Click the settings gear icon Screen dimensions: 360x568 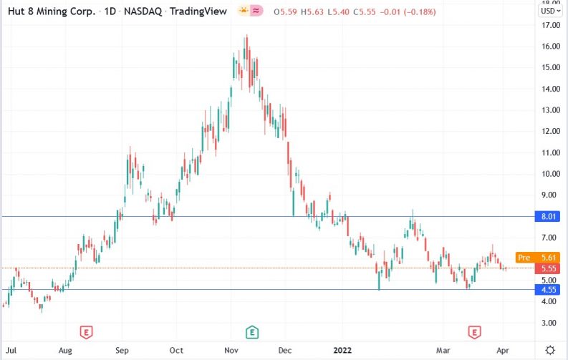point(549,350)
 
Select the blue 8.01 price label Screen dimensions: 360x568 point(549,216)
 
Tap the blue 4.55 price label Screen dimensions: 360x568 point(549,290)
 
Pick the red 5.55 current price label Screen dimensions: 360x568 point(549,267)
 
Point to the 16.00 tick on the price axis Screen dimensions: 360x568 point(550,47)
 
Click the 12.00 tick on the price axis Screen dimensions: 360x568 point(550,132)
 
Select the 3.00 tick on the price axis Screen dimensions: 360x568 point(550,323)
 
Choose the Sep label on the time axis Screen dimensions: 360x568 point(121,350)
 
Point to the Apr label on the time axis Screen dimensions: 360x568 point(504,350)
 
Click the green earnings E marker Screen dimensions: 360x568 point(252,331)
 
